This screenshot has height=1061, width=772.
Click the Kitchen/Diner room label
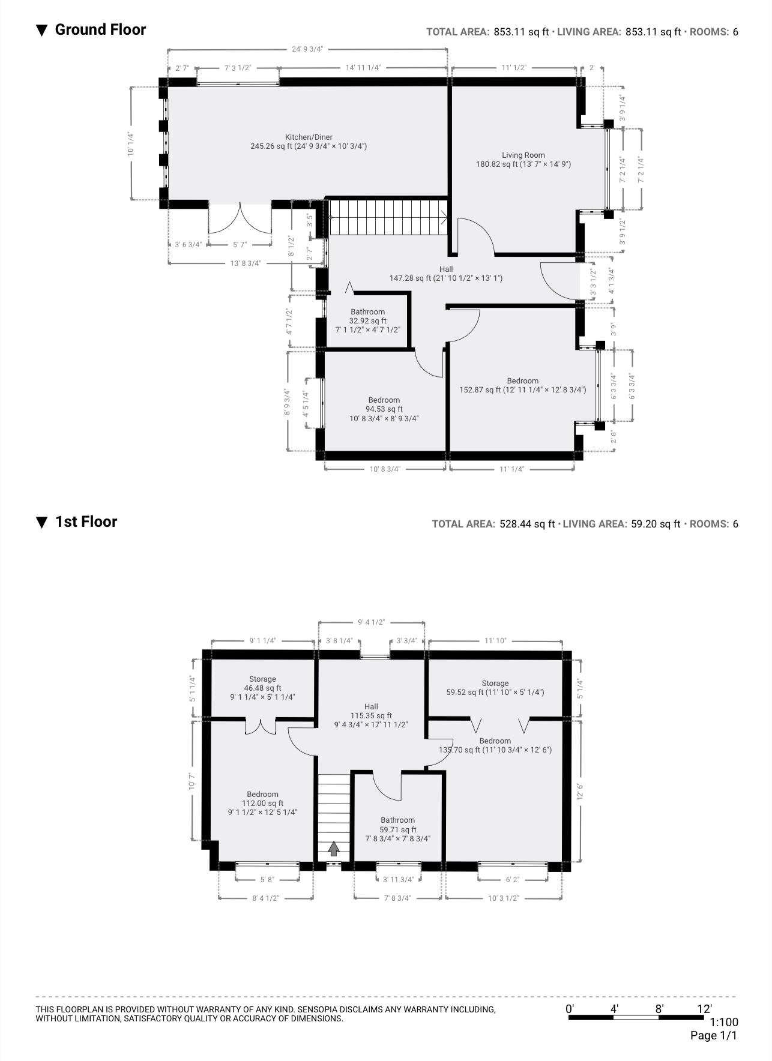point(309,142)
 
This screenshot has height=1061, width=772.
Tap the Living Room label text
point(523,159)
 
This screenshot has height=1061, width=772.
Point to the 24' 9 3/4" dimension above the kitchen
point(307,49)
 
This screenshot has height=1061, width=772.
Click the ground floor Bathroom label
point(367,320)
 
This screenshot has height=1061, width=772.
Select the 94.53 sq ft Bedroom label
point(384,409)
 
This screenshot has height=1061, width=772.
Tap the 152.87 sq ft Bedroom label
point(522,385)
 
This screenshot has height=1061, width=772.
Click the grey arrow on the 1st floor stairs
point(333,848)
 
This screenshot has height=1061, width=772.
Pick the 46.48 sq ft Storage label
point(262,688)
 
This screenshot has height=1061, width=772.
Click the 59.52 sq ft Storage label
point(495,688)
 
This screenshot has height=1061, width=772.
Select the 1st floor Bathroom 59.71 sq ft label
point(397,829)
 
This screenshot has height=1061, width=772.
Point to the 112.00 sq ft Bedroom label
point(262,803)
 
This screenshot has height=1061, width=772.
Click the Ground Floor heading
point(100,29)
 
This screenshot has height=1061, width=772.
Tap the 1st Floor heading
point(86,521)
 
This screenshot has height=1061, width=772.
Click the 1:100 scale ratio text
point(724,1022)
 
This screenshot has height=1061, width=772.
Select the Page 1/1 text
point(714,1035)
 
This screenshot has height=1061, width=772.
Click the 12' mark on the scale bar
point(704,1009)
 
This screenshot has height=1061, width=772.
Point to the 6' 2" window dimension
point(512,880)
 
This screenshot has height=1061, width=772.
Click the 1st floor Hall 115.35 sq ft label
point(371,715)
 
